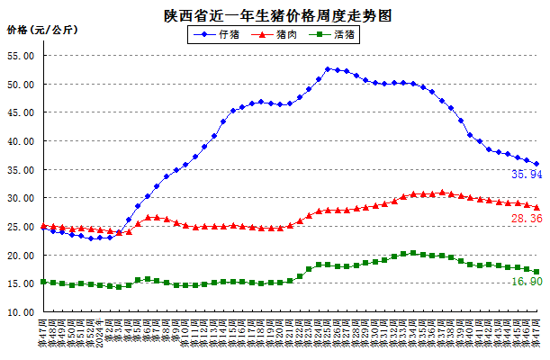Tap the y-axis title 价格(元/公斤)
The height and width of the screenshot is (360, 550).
42,31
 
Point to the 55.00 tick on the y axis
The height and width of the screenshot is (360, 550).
21,56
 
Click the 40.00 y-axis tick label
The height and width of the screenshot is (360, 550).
21,141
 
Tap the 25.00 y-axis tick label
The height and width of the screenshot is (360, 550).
21,227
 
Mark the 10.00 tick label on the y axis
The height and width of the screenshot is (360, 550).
21,312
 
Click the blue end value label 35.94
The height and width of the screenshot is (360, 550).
526,175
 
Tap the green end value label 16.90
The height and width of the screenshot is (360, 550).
526,282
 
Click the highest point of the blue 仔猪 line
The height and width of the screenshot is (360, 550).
329,68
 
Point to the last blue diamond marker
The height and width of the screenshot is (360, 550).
537,165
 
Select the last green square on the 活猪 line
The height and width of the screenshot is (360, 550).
537,272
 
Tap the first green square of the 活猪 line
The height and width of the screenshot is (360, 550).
43,282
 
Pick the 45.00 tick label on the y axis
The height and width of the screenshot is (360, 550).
21,112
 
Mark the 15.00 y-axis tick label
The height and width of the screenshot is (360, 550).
21,283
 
